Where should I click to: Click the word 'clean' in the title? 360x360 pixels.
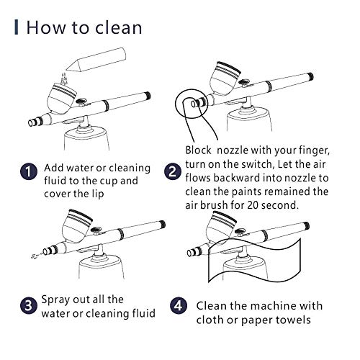point(118,28)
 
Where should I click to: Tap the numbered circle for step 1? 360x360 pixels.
point(29,171)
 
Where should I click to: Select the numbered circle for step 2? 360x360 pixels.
point(173,171)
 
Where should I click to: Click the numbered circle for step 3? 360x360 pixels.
point(29,305)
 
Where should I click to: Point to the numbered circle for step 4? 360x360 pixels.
point(179,305)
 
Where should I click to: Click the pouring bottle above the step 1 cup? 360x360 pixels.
point(96,59)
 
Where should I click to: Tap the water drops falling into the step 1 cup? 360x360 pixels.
point(64,78)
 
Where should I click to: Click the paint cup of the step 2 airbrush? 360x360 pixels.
point(225,78)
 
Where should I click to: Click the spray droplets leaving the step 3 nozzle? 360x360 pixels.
point(35,256)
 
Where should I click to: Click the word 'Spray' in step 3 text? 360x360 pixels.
point(55,300)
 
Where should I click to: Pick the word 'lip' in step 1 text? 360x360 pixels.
point(99,194)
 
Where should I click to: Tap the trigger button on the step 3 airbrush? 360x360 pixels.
point(96,230)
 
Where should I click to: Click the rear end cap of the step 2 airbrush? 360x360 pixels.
point(311,77)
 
